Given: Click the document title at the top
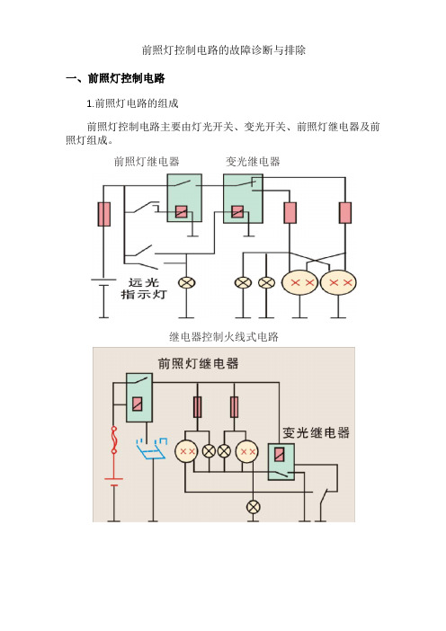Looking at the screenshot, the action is click(x=223, y=50).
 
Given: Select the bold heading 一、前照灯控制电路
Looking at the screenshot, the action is click(x=115, y=78).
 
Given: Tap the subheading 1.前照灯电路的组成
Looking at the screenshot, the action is click(x=132, y=103).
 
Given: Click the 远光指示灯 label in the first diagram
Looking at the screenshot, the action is click(x=144, y=289).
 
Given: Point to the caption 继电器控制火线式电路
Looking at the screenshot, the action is click(x=224, y=336).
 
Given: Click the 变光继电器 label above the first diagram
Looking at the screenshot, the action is click(x=253, y=162).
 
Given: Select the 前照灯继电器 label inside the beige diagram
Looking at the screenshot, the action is click(x=198, y=363).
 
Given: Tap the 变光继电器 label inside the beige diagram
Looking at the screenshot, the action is click(x=316, y=432).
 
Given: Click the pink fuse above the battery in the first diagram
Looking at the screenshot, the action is click(x=103, y=214).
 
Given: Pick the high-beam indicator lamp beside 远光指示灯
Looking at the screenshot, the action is click(x=186, y=283).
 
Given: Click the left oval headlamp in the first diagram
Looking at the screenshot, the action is click(x=300, y=282).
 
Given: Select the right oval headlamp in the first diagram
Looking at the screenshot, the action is click(x=338, y=282).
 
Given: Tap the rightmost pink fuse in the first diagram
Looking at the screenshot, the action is click(x=345, y=213).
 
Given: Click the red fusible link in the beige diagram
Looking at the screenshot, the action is click(x=114, y=440).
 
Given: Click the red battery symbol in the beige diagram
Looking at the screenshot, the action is click(x=114, y=482).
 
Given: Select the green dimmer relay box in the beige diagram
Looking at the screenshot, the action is click(x=281, y=462).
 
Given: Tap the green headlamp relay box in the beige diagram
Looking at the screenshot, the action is click(x=139, y=397).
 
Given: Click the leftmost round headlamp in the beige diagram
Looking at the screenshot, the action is click(x=186, y=451).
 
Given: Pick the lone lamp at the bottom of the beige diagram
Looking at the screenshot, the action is click(x=253, y=507).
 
